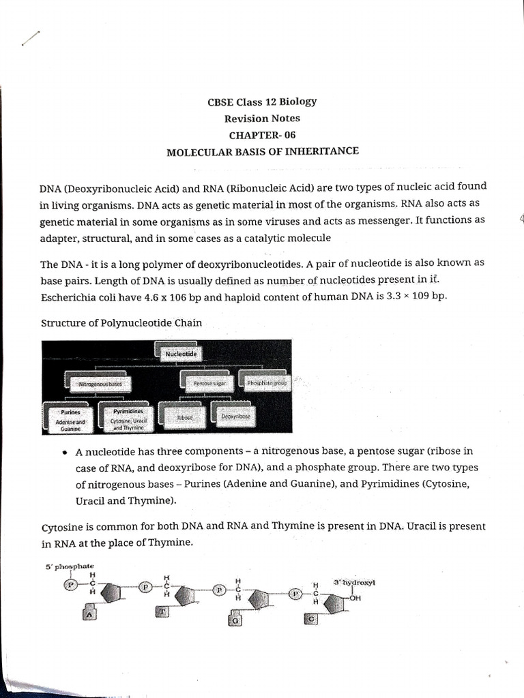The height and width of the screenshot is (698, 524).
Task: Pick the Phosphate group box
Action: pyautogui.click(x=266, y=382)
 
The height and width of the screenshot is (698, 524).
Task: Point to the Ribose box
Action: pyautogui.click(x=184, y=415)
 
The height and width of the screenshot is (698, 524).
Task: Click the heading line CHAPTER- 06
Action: pyautogui.click(x=262, y=134)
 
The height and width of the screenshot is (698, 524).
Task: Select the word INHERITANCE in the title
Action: pyautogui.click(x=322, y=151)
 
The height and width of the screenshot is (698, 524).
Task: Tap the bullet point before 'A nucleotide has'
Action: pyautogui.click(x=64, y=452)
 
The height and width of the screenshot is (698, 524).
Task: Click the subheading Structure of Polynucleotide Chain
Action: pyautogui.click(x=121, y=322)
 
